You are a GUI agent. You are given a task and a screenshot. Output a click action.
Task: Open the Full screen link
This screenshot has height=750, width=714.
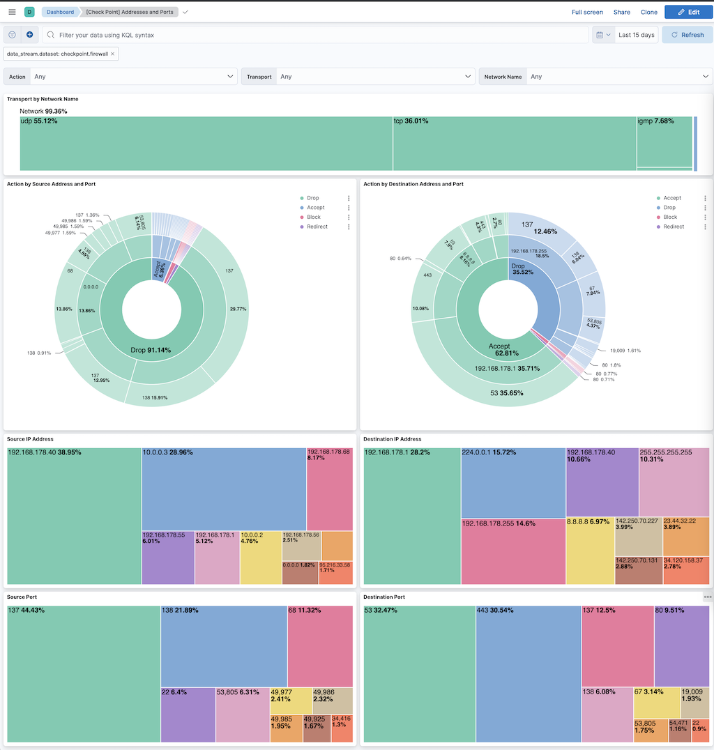(x=587, y=12)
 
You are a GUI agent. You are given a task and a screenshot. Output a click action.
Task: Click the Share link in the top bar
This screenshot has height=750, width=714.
(x=621, y=12)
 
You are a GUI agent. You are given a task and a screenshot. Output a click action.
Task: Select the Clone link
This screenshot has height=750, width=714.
(x=648, y=12)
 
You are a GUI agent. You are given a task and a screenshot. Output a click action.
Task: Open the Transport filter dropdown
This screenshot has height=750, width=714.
(x=375, y=77)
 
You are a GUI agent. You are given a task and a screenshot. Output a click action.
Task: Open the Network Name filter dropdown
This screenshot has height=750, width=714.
(x=618, y=77)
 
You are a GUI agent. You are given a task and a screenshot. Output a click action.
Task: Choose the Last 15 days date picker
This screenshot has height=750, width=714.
(x=636, y=35)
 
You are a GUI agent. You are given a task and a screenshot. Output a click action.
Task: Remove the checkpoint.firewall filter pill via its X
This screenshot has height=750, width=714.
(x=113, y=54)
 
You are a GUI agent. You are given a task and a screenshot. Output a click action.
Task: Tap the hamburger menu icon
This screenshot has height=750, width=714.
(x=12, y=12)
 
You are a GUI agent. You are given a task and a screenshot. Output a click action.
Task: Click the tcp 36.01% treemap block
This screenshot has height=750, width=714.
(x=514, y=144)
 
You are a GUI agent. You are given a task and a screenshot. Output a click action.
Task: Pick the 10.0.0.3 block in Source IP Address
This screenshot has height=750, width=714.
(x=223, y=488)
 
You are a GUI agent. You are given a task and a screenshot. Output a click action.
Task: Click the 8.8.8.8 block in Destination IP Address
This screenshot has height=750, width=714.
(x=589, y=551)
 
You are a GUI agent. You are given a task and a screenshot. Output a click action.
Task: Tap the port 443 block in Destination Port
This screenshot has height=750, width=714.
(x=529, y=673)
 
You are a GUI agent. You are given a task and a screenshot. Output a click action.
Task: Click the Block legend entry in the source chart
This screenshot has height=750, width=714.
(x=313, y=217)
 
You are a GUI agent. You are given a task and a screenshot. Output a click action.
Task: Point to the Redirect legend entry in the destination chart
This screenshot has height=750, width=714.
(x=673, y=227)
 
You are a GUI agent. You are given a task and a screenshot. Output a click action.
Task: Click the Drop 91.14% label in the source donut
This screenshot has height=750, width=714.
(x=151, y=350)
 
